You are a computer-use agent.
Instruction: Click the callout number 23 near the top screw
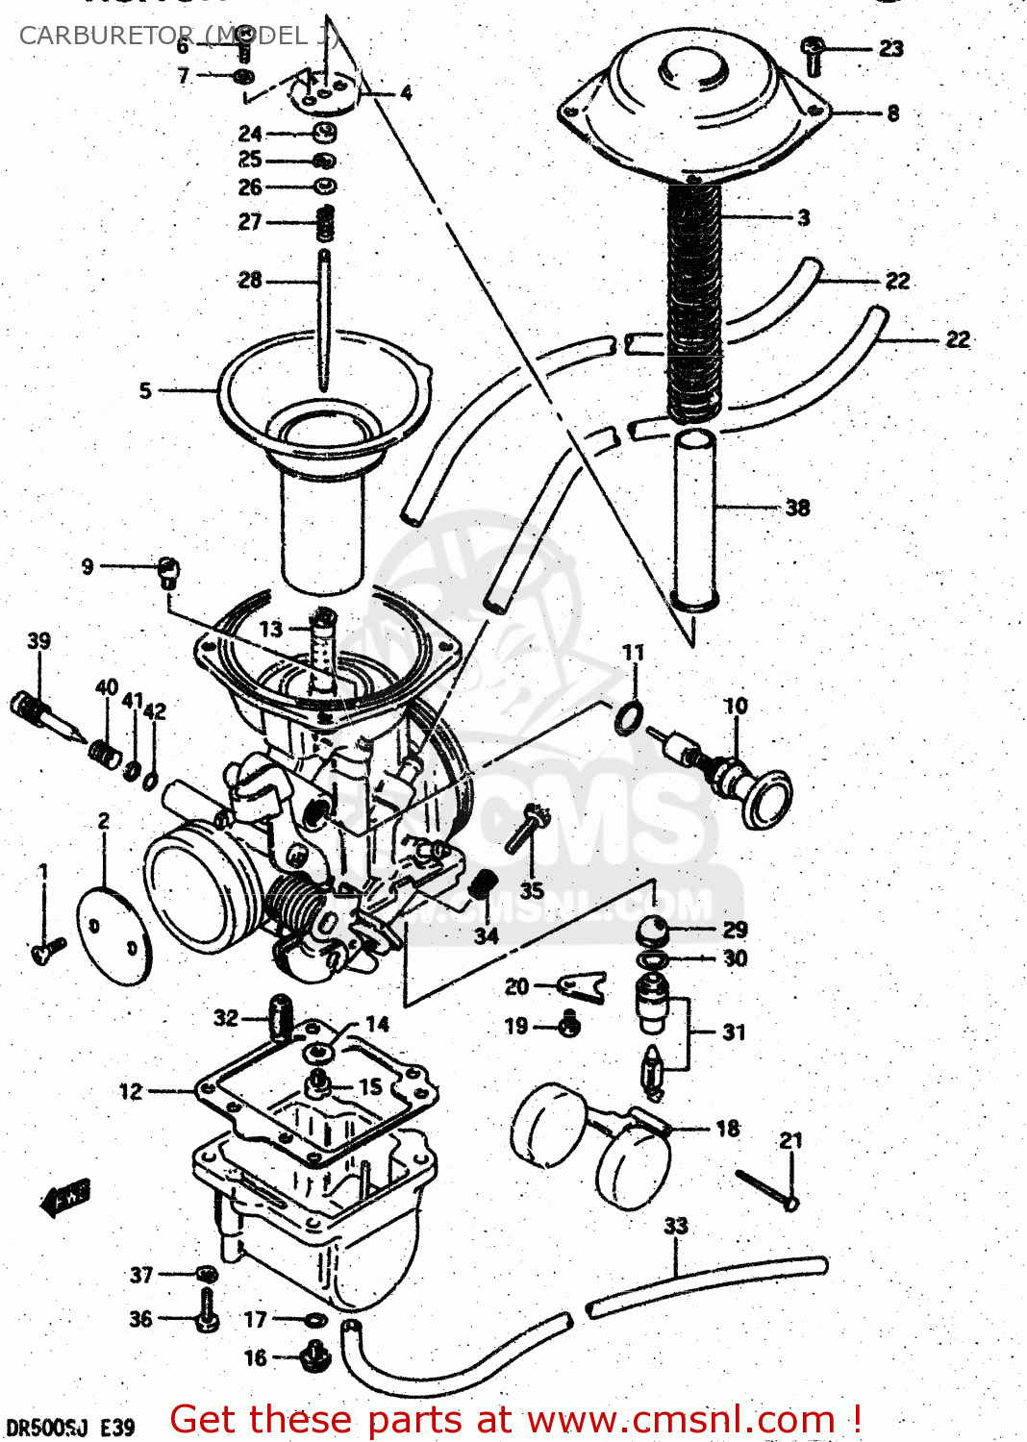(x=890, y=48)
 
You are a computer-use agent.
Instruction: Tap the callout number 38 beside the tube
(x=797, y=507)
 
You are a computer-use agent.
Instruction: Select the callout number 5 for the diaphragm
(x=145, y=390)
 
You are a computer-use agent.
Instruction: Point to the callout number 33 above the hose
(x=676, y=1226)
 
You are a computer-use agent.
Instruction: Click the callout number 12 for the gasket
(x=131, y=1091)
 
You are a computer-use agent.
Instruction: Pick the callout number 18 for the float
(x=728, y=1128)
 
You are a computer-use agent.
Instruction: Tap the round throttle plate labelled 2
(x=113, y=935)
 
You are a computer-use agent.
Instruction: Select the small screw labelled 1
(x=48, y=949)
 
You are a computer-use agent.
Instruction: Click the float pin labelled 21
(x=766, y=1187)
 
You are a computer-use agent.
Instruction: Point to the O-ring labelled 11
(x=629, y=716)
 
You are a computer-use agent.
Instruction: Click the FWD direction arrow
(x=65, y=1197)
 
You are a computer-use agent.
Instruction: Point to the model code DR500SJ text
(x=46, y=1427)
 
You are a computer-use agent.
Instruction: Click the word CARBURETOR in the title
(x=106, y=36)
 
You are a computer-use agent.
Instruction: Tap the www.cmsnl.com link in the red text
(x=681, y=1420)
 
